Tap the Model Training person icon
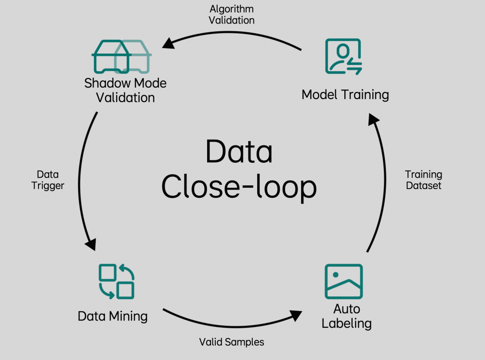343,56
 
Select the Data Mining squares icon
116,281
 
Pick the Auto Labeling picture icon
344,282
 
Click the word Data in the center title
239,152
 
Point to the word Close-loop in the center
239,187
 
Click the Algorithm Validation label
232,14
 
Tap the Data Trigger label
48,180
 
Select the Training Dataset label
423,180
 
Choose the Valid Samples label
232,342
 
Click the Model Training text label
345,94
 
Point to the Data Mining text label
113,316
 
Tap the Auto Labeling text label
346,316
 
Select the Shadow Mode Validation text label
125,90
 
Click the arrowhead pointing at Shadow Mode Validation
169,43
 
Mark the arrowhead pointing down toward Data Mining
91,244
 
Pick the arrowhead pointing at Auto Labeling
296,316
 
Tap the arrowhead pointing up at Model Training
373,119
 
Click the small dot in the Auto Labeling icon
335,274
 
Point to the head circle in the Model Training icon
343,51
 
